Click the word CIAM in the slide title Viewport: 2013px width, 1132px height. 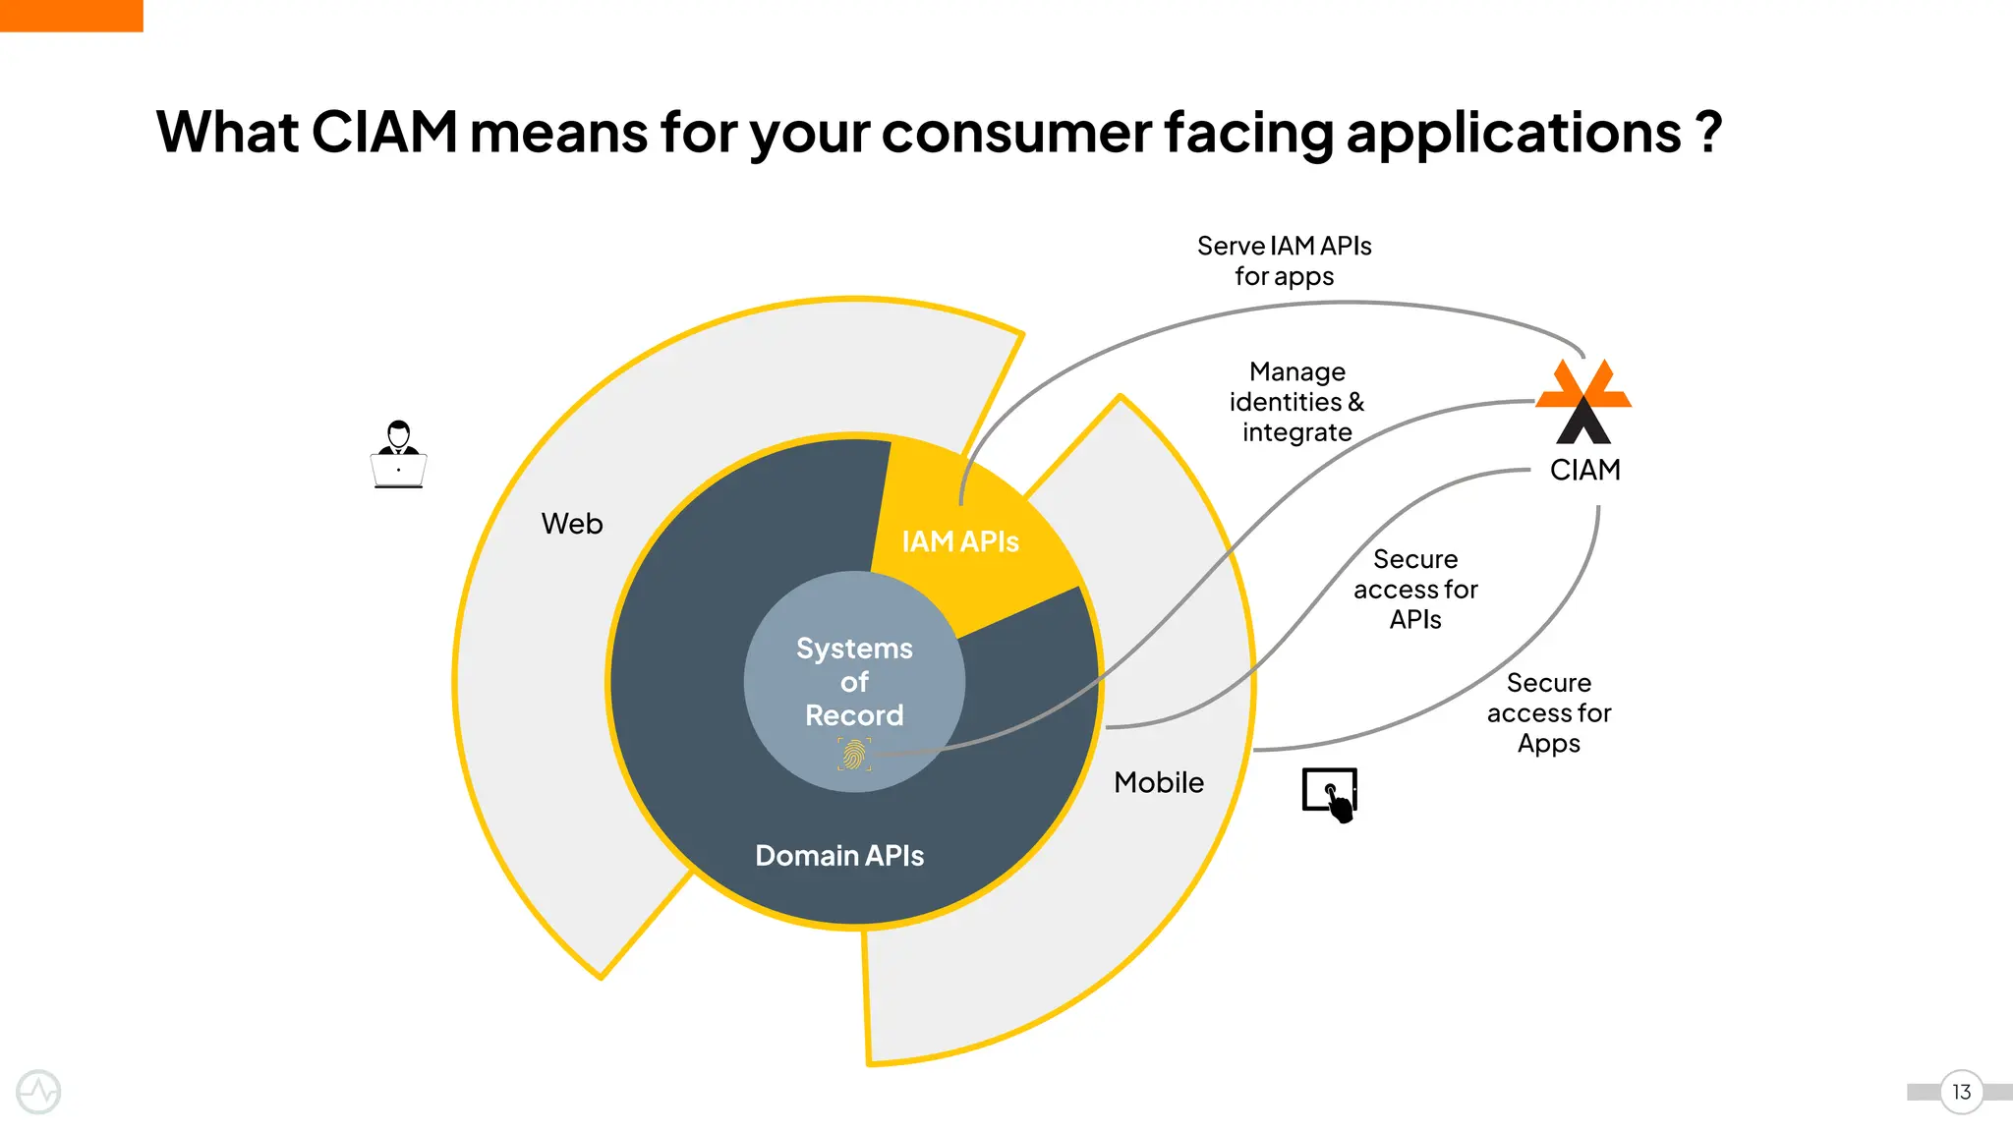click(x=384, y=132)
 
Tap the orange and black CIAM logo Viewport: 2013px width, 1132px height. click(x=1583, y=401)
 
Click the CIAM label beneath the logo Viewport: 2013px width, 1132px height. click(x=1584, y=470)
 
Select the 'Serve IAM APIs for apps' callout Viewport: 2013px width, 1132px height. click(x=1284, y=260)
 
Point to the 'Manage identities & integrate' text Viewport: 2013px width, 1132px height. click(x=1296, y=402)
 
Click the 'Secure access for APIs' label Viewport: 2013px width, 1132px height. click(x=1415, y=589)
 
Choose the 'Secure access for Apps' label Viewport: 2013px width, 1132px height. click(x=1548, y=712)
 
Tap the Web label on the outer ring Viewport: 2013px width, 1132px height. click(x=572, y=524)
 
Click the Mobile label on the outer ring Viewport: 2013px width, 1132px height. click(x=1159, y=782)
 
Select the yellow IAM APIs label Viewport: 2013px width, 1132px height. click(x=960, y=541)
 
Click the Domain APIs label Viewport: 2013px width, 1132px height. click(x=839, y=856)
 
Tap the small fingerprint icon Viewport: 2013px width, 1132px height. click(x=854, y=755)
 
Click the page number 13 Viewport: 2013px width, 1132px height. click(x=1961, y=1092)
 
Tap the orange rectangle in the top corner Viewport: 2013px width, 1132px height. click(x=71, y=15)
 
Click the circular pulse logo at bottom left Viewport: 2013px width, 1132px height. click(x=38, y=1092)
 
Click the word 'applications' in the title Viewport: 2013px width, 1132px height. click(x=1514, y=132)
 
